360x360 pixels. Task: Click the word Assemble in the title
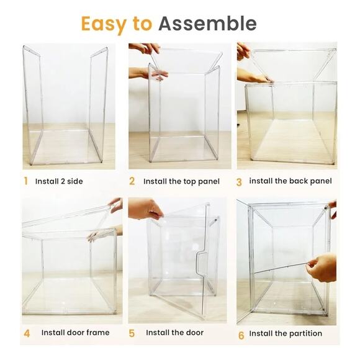[207, 24]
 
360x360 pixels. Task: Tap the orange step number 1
[25, 181]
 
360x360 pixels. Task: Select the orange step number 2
[132, 181]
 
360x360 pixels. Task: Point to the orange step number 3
[239, 182]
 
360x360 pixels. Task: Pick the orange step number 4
[26, 333]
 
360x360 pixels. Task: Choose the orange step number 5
[132, 333]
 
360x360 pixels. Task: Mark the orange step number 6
[241, 335]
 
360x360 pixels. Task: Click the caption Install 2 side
[59, 181]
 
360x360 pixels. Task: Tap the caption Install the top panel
[181, 181]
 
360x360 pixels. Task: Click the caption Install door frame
[75, 333]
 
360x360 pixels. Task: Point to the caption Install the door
[174, 333]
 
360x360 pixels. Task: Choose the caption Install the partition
[286, 333]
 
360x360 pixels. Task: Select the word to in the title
[142, 24]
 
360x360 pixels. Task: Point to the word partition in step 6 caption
[302, 333]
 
